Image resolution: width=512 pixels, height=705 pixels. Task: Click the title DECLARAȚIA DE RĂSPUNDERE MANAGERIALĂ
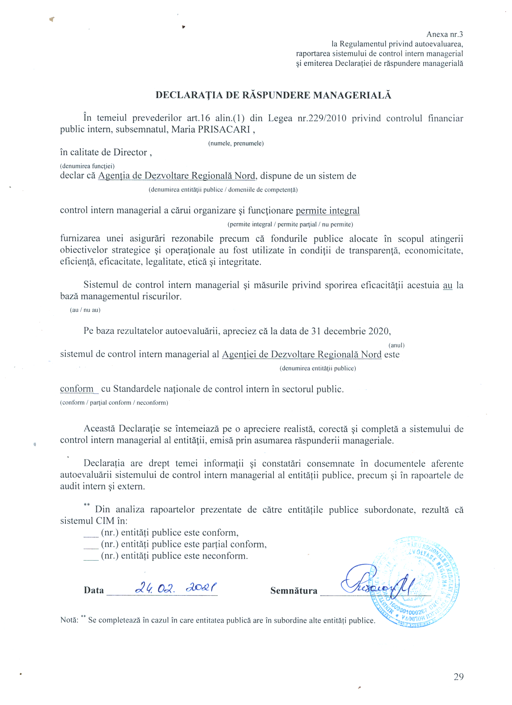pyautogui.click(x=273, y=95)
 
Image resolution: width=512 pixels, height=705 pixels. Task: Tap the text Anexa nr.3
pyautogui.click(x=445, y=35)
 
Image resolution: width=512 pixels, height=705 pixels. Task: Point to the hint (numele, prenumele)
pyautogui.click(x=236, y=143)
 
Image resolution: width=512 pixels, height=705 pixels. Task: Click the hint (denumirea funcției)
pyautogui.click(x=87, y=166)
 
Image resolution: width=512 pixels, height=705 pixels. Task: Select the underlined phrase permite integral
pyautogui.click(x=327, y=211)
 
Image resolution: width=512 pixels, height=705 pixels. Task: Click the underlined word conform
pyautogui.click(x=77, y=389)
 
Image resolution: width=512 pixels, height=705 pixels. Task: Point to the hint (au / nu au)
pyautogui.click(x=85, y=310)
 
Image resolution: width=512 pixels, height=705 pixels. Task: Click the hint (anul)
pyautogui.click(x=396, y=345)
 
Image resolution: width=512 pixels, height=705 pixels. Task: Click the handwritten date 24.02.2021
pyautogui.click(x=176, y=588)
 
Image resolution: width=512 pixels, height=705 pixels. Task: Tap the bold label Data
pyautogui.click(x=94, y=590)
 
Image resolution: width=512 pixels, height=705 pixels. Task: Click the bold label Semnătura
pyautogui.click(x=294, y=591)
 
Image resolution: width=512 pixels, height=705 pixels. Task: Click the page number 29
pyautogui.click(x=459, y=677)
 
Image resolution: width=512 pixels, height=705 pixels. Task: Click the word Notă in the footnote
pyautogui.click(x=69, y=620)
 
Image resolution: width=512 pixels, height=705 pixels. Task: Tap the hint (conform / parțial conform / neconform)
pyautogui.click(x=114, y=403)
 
